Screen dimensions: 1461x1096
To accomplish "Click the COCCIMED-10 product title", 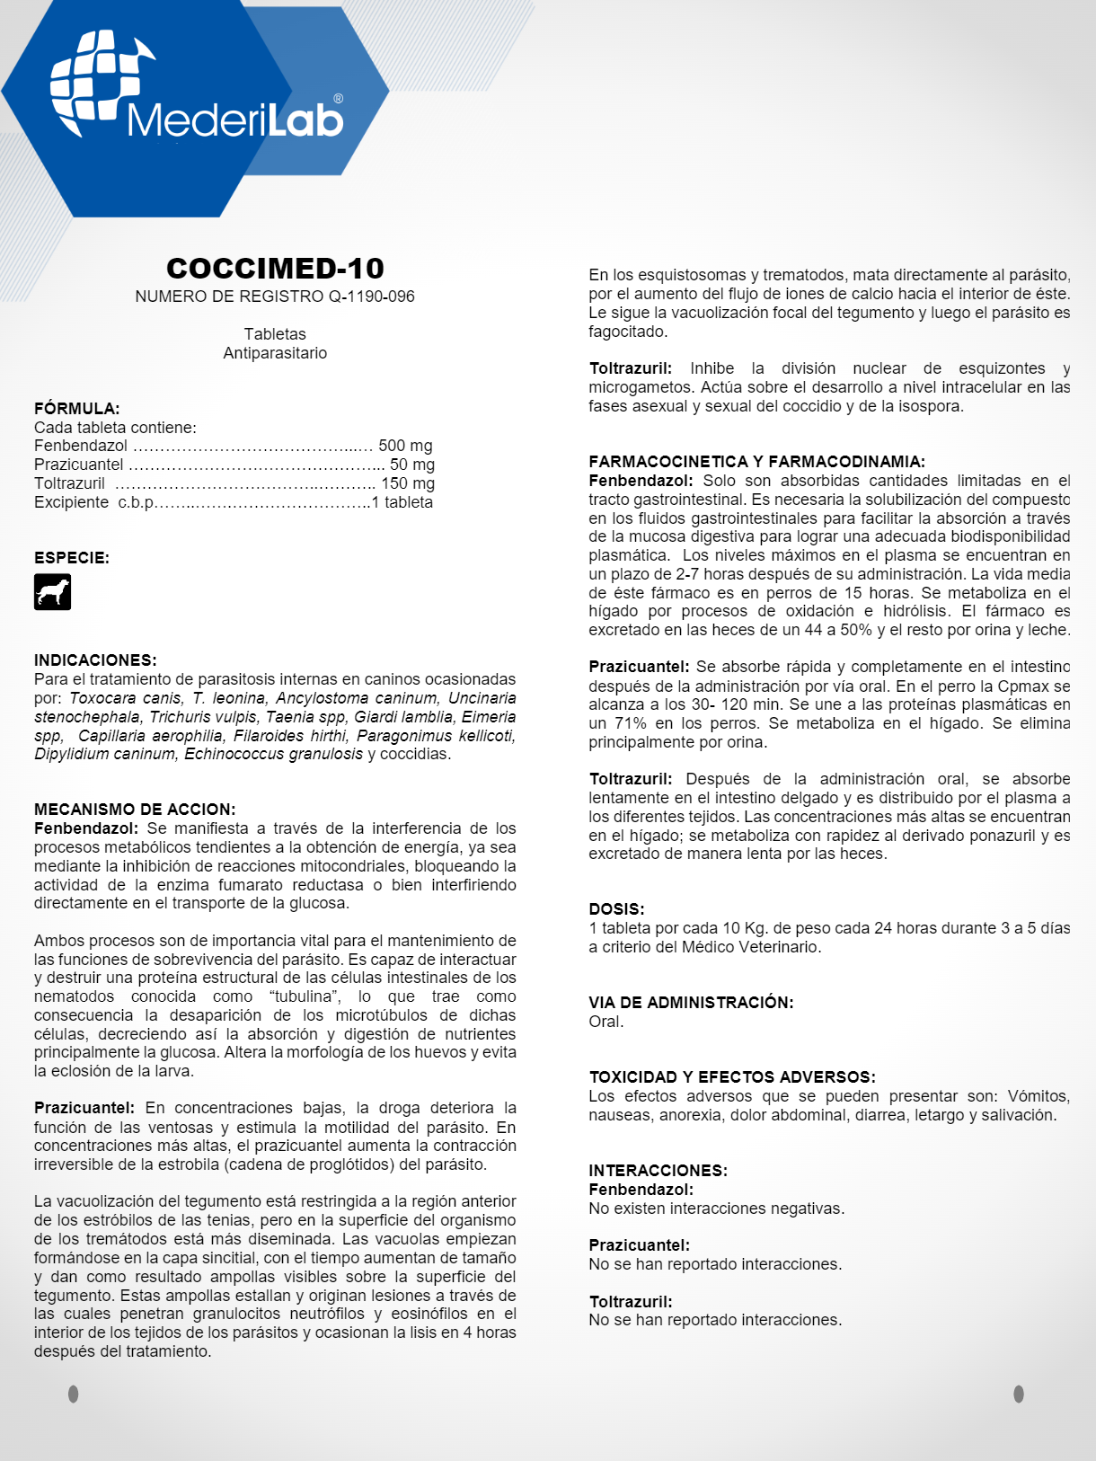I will coord(275,268).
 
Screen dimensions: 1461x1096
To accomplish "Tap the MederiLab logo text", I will coord(235,120).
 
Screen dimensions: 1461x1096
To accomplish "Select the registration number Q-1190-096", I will coord(371,297).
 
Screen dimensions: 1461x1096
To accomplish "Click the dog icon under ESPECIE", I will coord(52,592).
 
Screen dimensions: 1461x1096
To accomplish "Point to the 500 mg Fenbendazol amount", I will coord(405,446).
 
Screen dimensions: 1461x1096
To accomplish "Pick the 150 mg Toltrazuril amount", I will coord(408,483).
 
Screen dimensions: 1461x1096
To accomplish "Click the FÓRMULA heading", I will coord(77,409).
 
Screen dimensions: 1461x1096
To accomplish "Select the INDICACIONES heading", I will coord(95,660).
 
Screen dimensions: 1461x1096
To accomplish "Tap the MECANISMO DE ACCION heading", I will coord(135,810).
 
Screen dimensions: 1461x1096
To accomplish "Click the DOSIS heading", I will coord(616,909).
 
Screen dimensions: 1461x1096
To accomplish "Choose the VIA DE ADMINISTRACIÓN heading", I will coord(691,1003).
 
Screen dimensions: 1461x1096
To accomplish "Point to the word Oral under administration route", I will coord(605,1022).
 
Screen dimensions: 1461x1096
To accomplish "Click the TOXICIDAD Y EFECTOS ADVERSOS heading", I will coord(732,1077).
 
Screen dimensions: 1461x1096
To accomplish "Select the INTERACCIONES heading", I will coord(658,1171).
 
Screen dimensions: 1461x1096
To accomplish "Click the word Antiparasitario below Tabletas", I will coord(275,353).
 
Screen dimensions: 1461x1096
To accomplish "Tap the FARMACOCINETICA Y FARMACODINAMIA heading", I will coord(756,462).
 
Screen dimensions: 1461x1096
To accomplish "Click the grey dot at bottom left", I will coord(74,1394).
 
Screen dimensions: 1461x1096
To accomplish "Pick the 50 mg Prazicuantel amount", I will coord(411,465).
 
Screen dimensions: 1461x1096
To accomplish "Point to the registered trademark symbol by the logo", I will coord(338,99).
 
